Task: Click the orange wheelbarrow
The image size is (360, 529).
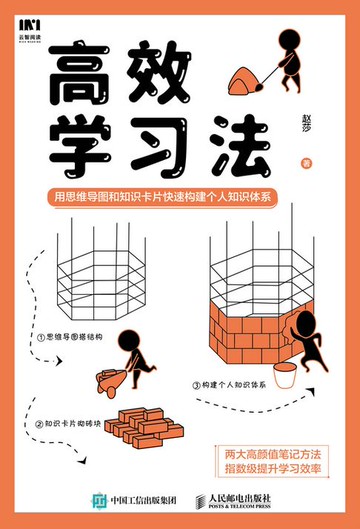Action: coord(109,376)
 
